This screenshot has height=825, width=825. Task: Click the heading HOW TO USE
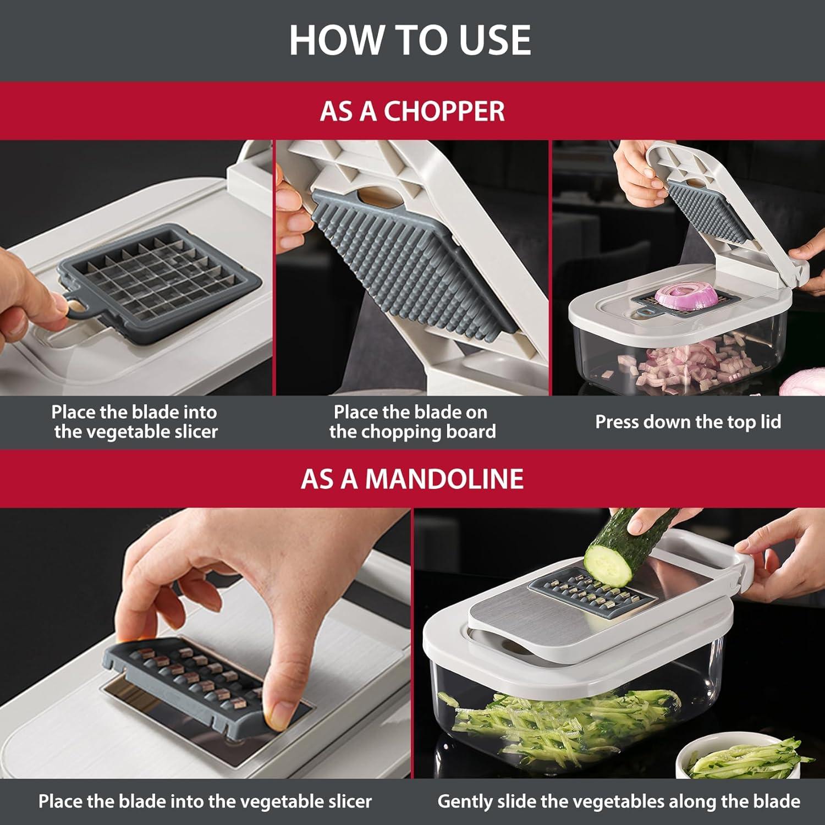(410, 40)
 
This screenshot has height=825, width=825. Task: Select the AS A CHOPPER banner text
(412, 111)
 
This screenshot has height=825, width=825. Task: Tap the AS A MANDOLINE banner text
(412, 479)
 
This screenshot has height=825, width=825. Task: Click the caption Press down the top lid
(688, 422)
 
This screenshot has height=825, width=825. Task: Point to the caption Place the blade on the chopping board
(413, 422)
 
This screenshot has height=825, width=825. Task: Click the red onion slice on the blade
(687, 295)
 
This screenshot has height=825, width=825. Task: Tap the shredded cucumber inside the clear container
(561, 726)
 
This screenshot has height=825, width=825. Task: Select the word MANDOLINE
(444, 479)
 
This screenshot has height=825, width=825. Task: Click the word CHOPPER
(444, 111)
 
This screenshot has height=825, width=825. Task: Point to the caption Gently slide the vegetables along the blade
(619, 801)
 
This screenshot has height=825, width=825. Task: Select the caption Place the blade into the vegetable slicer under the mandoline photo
(205, 801)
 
